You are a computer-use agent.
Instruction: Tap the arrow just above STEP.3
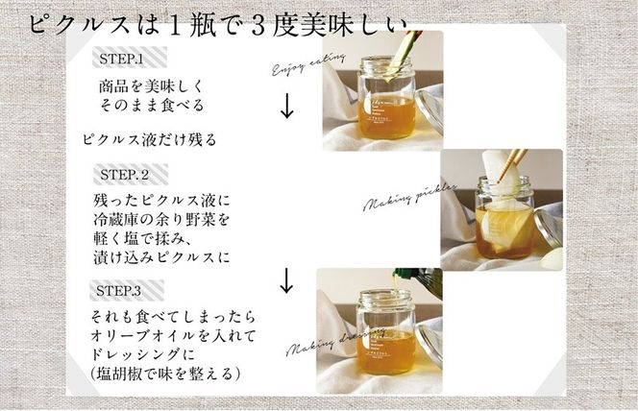[285, 280]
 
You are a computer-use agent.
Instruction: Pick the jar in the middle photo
[506, 221]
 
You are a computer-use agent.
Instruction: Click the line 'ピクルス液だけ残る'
[148, 138]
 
